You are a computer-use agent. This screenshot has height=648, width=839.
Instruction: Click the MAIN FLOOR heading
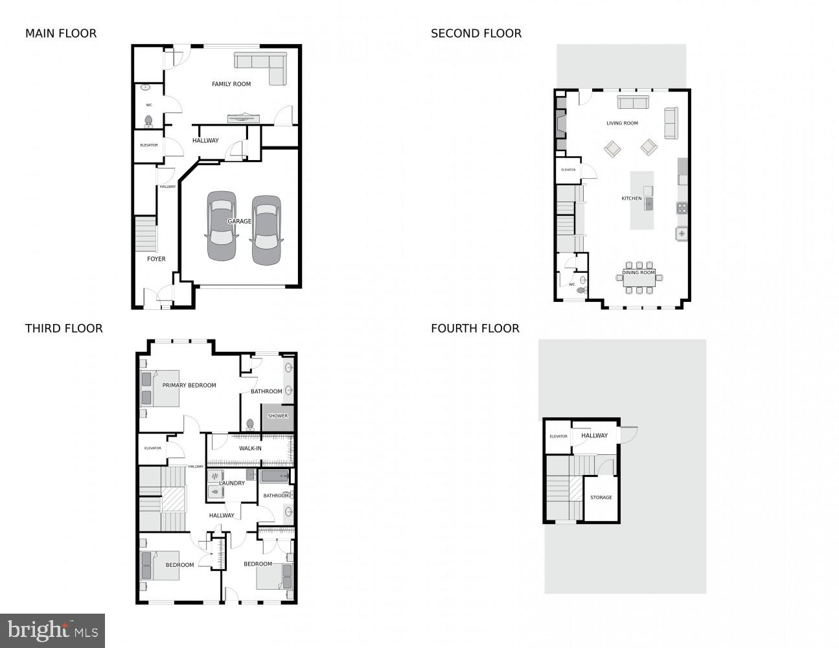[61, 34]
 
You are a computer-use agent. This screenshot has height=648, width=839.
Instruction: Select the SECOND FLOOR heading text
[476, 34]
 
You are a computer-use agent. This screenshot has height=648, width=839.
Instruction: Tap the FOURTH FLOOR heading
[475, 329]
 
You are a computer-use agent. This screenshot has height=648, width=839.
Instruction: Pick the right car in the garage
[266, 230]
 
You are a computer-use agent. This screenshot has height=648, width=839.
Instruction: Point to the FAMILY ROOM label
[231, 84]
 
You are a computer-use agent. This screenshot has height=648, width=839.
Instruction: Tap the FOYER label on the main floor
[156, 259]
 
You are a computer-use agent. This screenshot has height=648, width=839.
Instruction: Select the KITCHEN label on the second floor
[632, 198]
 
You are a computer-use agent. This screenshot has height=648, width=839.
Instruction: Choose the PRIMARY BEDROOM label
[189, 386]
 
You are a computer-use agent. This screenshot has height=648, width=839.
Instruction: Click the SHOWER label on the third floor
[278, 416]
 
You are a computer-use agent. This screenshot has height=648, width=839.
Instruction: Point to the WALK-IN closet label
[250, 448]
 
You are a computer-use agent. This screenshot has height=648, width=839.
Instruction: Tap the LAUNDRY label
[232, 483]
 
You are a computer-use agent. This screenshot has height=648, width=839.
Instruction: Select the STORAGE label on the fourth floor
[601, 498]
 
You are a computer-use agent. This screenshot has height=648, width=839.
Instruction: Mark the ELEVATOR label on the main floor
[149, 145]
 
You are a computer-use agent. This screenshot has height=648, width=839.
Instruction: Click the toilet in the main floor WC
[148, 121]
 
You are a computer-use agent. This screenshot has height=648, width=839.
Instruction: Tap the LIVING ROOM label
[622, 123]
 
